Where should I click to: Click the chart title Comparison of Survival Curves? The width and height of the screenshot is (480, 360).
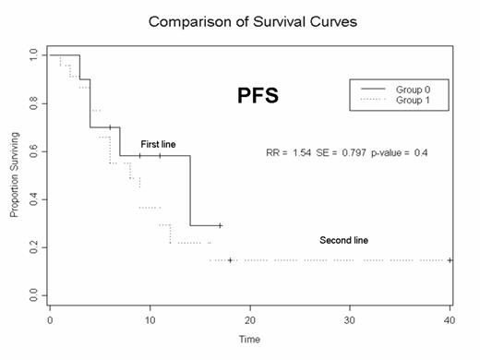click(x=248, y=19)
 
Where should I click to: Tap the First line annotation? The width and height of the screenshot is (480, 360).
click(x=158, y=145)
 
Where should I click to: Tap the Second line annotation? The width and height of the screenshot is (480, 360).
click(x=343, y=241)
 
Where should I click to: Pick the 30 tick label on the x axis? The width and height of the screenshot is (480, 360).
click(x=350, y=319)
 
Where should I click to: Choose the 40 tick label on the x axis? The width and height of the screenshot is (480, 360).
click(x=450, y=319)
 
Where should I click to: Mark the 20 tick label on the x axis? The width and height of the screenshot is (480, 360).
click(x=250, y=319)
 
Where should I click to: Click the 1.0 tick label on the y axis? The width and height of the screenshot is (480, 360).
click(x=34, y=55)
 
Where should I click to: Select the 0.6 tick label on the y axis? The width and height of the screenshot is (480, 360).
click(x=34, y=151)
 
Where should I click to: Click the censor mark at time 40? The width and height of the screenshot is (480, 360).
click(x=450, y=260)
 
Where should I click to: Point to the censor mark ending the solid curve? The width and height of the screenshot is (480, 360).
click(x=220, y=225)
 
